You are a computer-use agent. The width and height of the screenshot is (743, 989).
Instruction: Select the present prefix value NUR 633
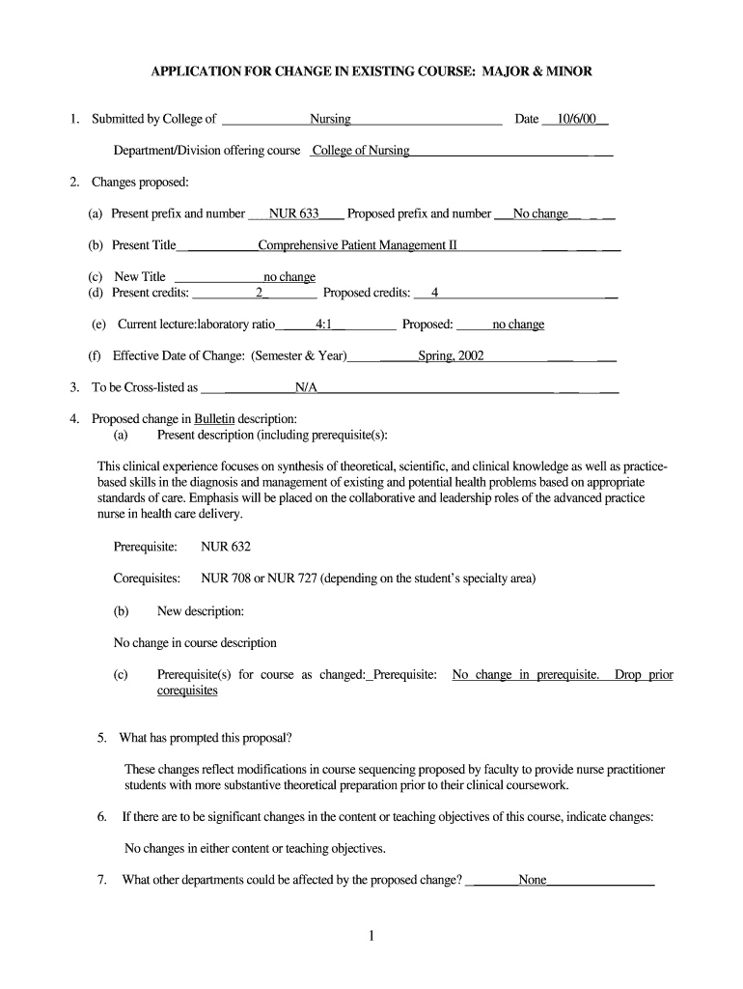click(294, 213)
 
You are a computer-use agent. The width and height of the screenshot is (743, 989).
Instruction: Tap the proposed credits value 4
click(435, 293)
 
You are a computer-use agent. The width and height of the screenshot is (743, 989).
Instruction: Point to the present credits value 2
click(259, 293)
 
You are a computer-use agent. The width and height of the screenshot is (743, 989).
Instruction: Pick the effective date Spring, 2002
click(451, 355)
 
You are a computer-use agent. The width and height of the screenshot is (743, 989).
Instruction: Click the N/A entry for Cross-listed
click(306, 388)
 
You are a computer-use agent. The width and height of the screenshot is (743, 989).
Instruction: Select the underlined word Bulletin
click(214, 419)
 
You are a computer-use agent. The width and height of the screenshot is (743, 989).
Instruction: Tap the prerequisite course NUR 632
click(226, 547)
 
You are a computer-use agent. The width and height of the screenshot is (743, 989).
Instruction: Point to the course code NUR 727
click(294, 579)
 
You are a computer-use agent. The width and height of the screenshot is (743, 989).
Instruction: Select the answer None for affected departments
click(533, 880)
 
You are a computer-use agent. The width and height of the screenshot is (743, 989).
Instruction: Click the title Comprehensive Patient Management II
click(357, 245)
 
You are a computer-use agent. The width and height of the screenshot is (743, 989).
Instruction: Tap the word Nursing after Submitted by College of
click(330, 120)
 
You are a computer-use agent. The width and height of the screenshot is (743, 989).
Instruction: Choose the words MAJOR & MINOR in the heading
click(537, 71)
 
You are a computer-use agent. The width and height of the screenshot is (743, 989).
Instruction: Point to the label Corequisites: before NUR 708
click(148, 579)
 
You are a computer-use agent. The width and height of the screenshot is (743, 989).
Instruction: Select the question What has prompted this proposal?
click(206, 738)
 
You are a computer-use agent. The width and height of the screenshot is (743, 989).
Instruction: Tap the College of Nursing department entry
click(362, 151)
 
